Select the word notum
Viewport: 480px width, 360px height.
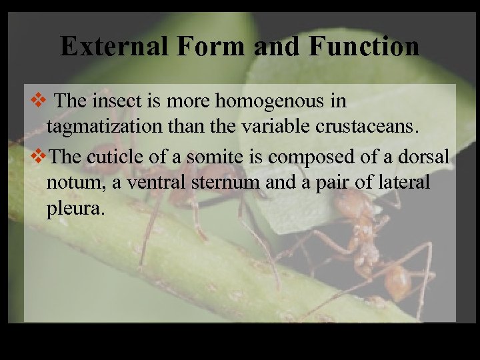point(71,183)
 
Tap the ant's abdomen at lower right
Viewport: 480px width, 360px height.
point(397,281)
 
